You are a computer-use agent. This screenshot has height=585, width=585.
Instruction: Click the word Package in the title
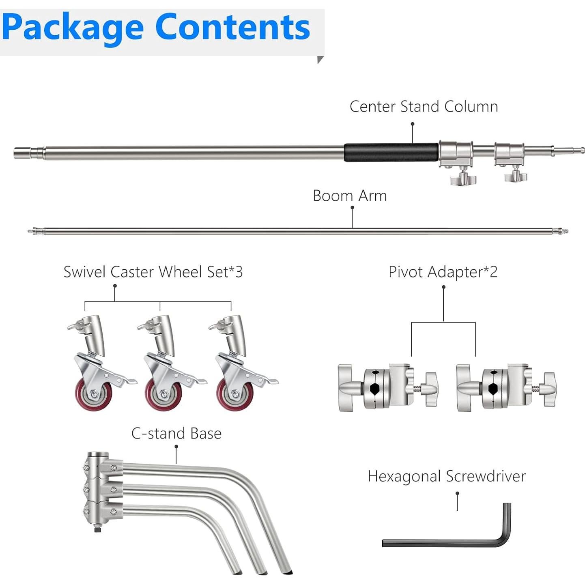tap(73, 28)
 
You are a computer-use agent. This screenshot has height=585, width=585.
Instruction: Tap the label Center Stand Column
tap(424, 106)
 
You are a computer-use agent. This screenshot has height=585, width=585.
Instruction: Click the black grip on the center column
tap(391, 152)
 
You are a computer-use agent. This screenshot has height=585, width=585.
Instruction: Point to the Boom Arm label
tap(350, 196)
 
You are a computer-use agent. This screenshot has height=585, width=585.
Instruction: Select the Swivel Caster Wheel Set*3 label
tap(153, 272)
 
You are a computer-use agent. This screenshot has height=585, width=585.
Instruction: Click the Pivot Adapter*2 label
tap(443, 272)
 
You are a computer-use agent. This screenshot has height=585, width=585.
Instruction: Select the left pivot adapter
tap(387, 387)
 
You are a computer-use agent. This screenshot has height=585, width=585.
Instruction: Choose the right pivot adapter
tap(506, 387)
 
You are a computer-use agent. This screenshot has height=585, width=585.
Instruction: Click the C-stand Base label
tap(176, 433)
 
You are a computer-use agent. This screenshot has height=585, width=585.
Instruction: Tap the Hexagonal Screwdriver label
tap(446, 476)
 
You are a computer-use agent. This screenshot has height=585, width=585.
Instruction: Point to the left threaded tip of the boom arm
tap(32, 231)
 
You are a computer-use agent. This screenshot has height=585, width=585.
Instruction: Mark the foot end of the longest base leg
tap(286, 570)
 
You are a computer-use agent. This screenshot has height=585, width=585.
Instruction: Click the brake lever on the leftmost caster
tap(126, 381)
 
